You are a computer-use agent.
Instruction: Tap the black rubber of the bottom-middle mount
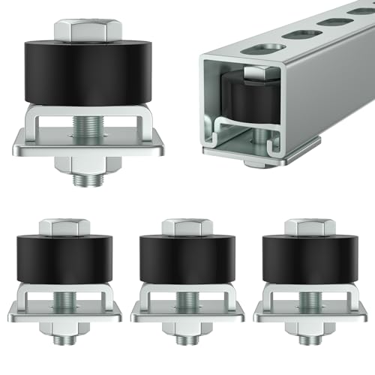coord(181,259)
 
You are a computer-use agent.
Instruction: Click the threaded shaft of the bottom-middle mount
coord(181,300)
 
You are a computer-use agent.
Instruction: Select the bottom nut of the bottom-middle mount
coord(181,328)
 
